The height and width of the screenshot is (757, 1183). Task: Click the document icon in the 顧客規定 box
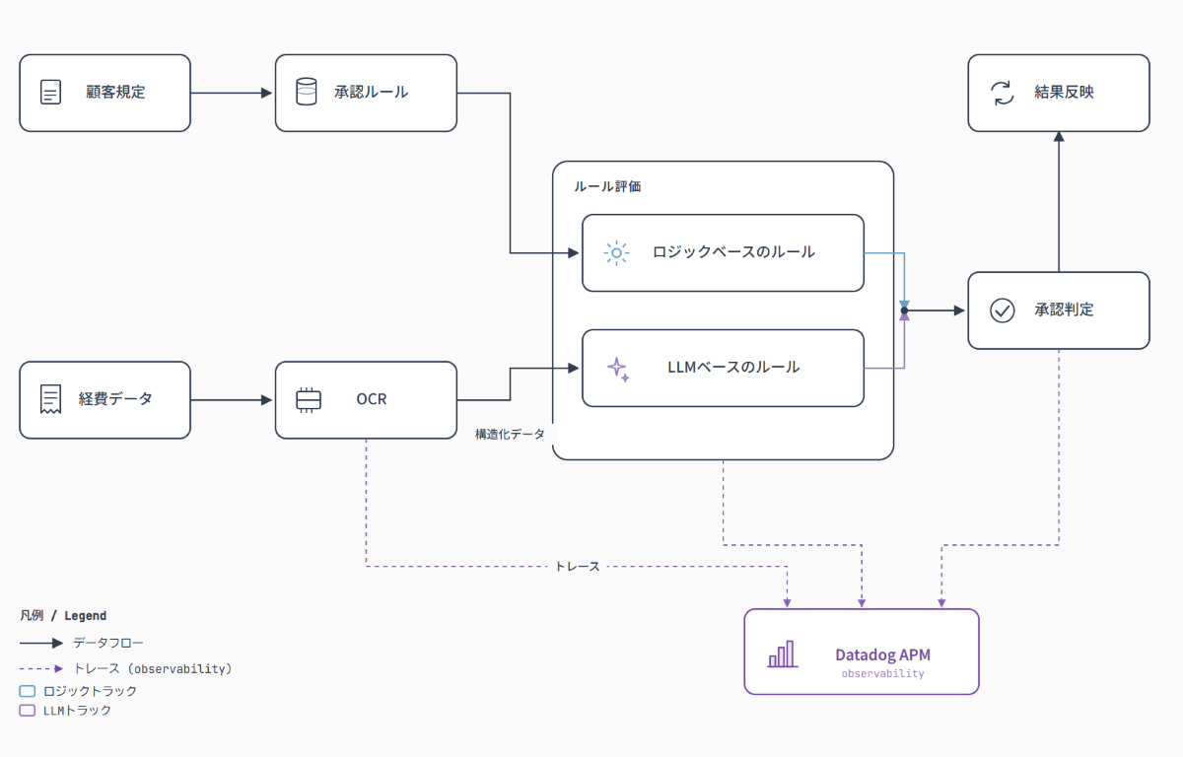coord(50,93)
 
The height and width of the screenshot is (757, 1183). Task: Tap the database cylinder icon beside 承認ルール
coord(307,92)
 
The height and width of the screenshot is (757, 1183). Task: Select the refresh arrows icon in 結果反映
coord(1002,93)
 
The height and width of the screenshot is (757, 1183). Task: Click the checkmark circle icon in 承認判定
coord(1002,310)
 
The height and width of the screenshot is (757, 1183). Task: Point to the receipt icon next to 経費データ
coord(50,399)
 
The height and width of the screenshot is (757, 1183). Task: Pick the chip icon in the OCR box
coord(309,400)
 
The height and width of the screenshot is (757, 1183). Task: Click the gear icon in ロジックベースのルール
coord(616,253)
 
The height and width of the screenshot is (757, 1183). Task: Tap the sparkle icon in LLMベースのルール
coord(618,369)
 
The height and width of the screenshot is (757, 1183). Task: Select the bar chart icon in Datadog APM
coord(783,654)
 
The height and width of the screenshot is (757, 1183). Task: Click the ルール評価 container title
coord(607,186)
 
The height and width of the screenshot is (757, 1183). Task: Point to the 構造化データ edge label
coord(510,434)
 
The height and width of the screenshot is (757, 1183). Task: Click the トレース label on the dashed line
coord(578,567)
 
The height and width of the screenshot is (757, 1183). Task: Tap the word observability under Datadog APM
coord(882,673)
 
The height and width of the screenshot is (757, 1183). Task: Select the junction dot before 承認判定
coord(904,310)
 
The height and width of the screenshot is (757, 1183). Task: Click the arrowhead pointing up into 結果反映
coord(1059,136)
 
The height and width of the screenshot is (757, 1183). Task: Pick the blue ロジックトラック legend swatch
coord(28,691)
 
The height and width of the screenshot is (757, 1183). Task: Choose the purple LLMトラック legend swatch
coord(28,710)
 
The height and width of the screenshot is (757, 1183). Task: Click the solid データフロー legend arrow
coord(41,643)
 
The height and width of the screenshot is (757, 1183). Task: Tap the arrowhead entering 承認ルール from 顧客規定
coord(267,93)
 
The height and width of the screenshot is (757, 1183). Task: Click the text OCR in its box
coord(372,399)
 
